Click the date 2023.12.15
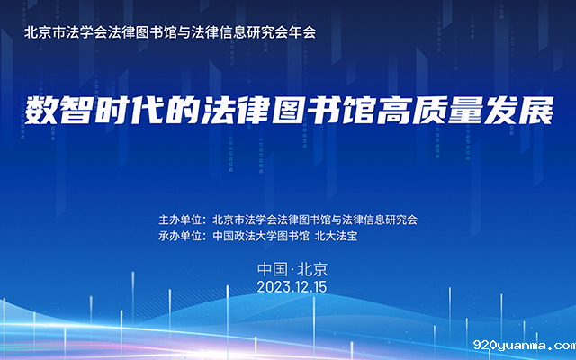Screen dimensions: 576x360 click(x=292, y=287)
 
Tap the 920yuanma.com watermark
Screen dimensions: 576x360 click(x=525, y=345)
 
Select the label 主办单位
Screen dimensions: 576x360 click(x=180, y=220)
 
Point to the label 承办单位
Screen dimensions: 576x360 click(x=180, y=236)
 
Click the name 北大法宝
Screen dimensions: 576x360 click(x=336, y=236)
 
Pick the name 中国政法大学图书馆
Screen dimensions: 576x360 click(x=261, y=236)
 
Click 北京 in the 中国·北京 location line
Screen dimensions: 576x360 click(x=312, y=269)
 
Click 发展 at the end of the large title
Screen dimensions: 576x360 click(x=518, y=111)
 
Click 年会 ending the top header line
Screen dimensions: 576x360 click(x=302, y=32)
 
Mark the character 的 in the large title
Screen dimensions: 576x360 click(x=182, y=111)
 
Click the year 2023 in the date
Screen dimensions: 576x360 click(x=271, y=287)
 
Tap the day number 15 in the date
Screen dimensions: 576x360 click(x=319, y=287)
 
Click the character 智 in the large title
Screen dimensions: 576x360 click(x=76, y=111)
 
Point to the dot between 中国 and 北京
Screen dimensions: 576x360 click(x=292, y=270)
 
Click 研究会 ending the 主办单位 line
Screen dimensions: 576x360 click(x=401, y=220)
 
